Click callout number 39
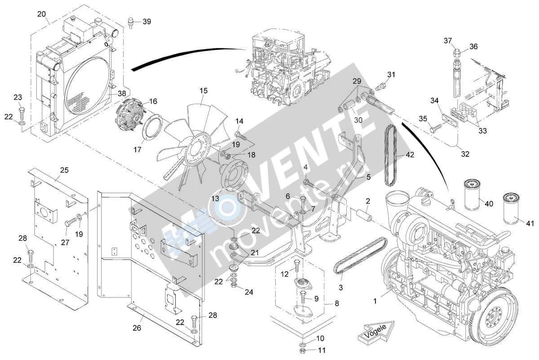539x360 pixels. (x=147, y=22)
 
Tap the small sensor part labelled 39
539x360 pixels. (x=131, y=23)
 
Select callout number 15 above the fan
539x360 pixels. (x=203, y=91)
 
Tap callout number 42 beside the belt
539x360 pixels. (x=410, y=155)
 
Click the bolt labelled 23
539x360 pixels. (x=22, y=113)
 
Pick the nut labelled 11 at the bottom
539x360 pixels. (x=303, y=351)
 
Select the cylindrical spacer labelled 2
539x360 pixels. (x=364, y=215)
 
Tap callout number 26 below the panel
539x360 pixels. (x=137, y=328)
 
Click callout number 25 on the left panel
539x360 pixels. (x=64, y=170)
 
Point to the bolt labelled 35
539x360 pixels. (x=436, y=128)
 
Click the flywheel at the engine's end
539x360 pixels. (x=496, y=319)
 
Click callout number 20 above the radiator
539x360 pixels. (x=41, y=14)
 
